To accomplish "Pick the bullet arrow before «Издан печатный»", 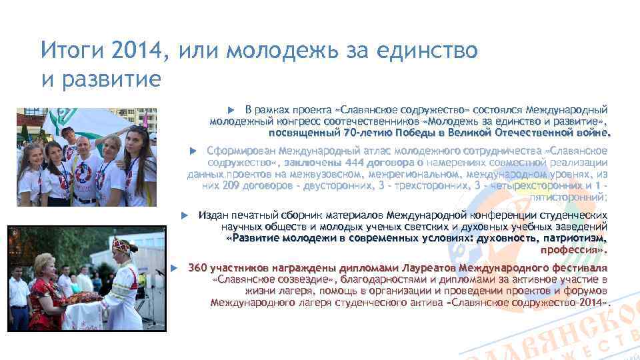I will [x=186, y=215].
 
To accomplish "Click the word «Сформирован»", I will [x=241, y=151].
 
